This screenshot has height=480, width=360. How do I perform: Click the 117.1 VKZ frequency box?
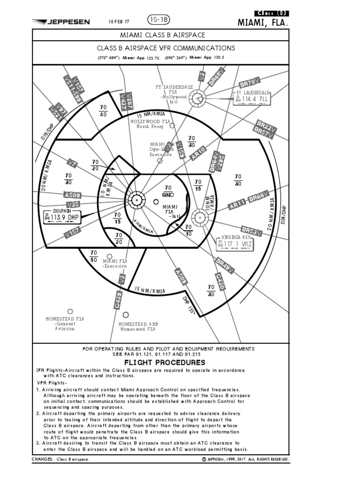click(x=236, y=244)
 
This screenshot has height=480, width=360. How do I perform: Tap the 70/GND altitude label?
click(x=167, y=191)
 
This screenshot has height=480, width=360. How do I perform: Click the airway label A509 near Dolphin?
click(x=73, y=195)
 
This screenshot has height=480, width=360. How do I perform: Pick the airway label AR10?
click(x=198, y=153)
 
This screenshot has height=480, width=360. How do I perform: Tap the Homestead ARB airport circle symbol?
click(x=126, y=315)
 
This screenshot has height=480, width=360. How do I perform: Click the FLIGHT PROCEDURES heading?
click(x=165, y=362)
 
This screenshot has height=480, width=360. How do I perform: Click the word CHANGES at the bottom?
click(x=42, y=459)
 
